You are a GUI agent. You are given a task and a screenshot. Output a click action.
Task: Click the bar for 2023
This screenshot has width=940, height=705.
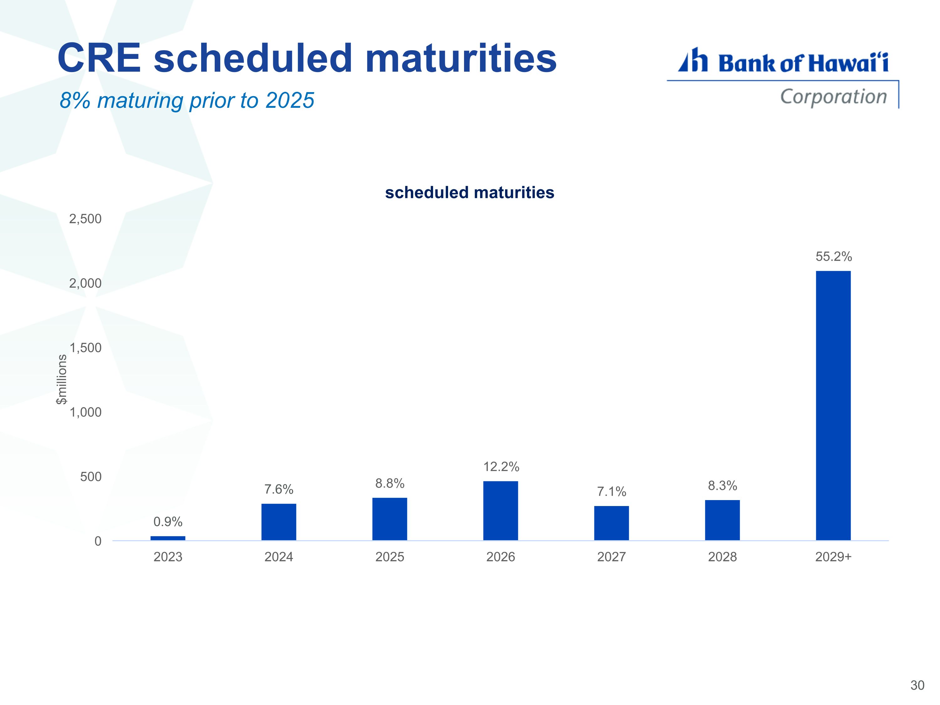click(x=168, y=538)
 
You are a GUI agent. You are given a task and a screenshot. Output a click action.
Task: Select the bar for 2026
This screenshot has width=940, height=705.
click(x=501, y=511)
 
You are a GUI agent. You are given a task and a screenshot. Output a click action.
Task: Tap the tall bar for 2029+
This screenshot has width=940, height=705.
click(x=833, y=405)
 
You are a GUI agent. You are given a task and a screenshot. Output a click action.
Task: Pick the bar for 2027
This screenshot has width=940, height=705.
click(x=612, y=523)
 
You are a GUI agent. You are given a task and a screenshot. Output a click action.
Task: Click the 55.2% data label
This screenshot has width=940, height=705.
click(x=834, y=256)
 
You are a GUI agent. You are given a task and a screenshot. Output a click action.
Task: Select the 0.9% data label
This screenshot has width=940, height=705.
click(x=168, y=521)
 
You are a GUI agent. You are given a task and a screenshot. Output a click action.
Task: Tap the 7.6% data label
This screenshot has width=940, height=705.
click(x=279, y=489)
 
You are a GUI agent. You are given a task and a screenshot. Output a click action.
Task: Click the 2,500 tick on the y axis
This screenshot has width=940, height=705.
click(x=86, y=219)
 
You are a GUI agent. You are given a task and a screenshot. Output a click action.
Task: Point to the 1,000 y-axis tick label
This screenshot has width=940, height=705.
click(x=86, y=412)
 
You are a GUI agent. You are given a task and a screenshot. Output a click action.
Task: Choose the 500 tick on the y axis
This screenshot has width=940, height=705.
click(x=91, y=477)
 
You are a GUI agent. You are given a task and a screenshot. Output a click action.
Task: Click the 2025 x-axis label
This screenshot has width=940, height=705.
click(x=390, y=557)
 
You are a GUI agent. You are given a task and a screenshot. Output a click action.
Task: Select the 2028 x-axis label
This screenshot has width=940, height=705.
click(x=723, y=557)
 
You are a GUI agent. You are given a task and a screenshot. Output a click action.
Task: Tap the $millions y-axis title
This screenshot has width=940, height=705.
click(x=62, y=379)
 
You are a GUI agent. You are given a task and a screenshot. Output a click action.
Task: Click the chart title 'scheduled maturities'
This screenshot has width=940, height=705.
click(x=470, y=192)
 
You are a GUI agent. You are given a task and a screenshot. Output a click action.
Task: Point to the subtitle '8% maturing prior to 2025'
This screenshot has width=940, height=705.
click(x=187, y=101)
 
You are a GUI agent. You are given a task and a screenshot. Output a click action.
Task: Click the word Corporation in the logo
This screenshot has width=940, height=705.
click(x=834, y=97)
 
